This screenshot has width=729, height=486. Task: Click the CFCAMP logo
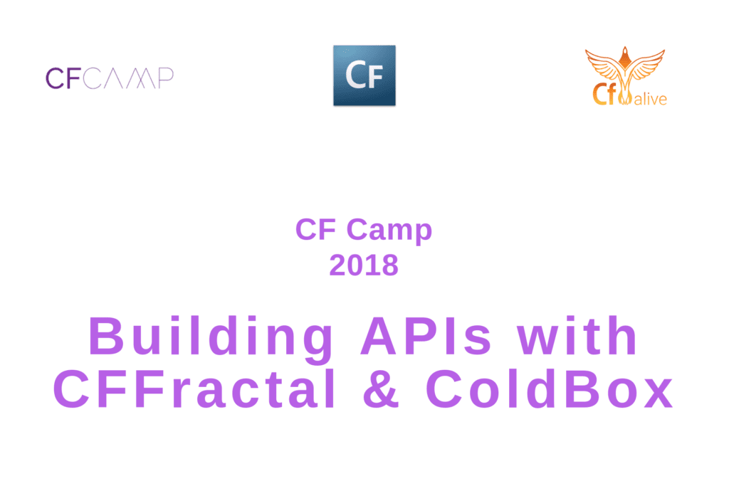pyautogui.click(x=110, y=78)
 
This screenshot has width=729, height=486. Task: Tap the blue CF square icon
pyautogui.click(x=364, y=75)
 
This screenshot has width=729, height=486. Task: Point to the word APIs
pyautogui.click(x=426, y=335)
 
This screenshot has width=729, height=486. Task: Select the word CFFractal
pyautogui.click(x=194, y=389)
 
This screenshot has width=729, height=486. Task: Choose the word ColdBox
pyautogui.click(x=550, y=389)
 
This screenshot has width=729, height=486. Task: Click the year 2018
pyautogui.click(x=364, y=265)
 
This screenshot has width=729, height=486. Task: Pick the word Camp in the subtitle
pyautogui.click(x=389, y=231)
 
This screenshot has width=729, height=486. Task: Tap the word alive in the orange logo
pyautogui.click(x=650, y=98)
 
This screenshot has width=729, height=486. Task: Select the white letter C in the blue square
pyautogui.click(x=356, y=75)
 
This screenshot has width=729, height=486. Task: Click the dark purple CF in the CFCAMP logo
pyautogui.click(x=63, y=78)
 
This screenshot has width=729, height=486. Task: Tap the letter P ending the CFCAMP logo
pyautogui.click(x=165, y=78)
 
